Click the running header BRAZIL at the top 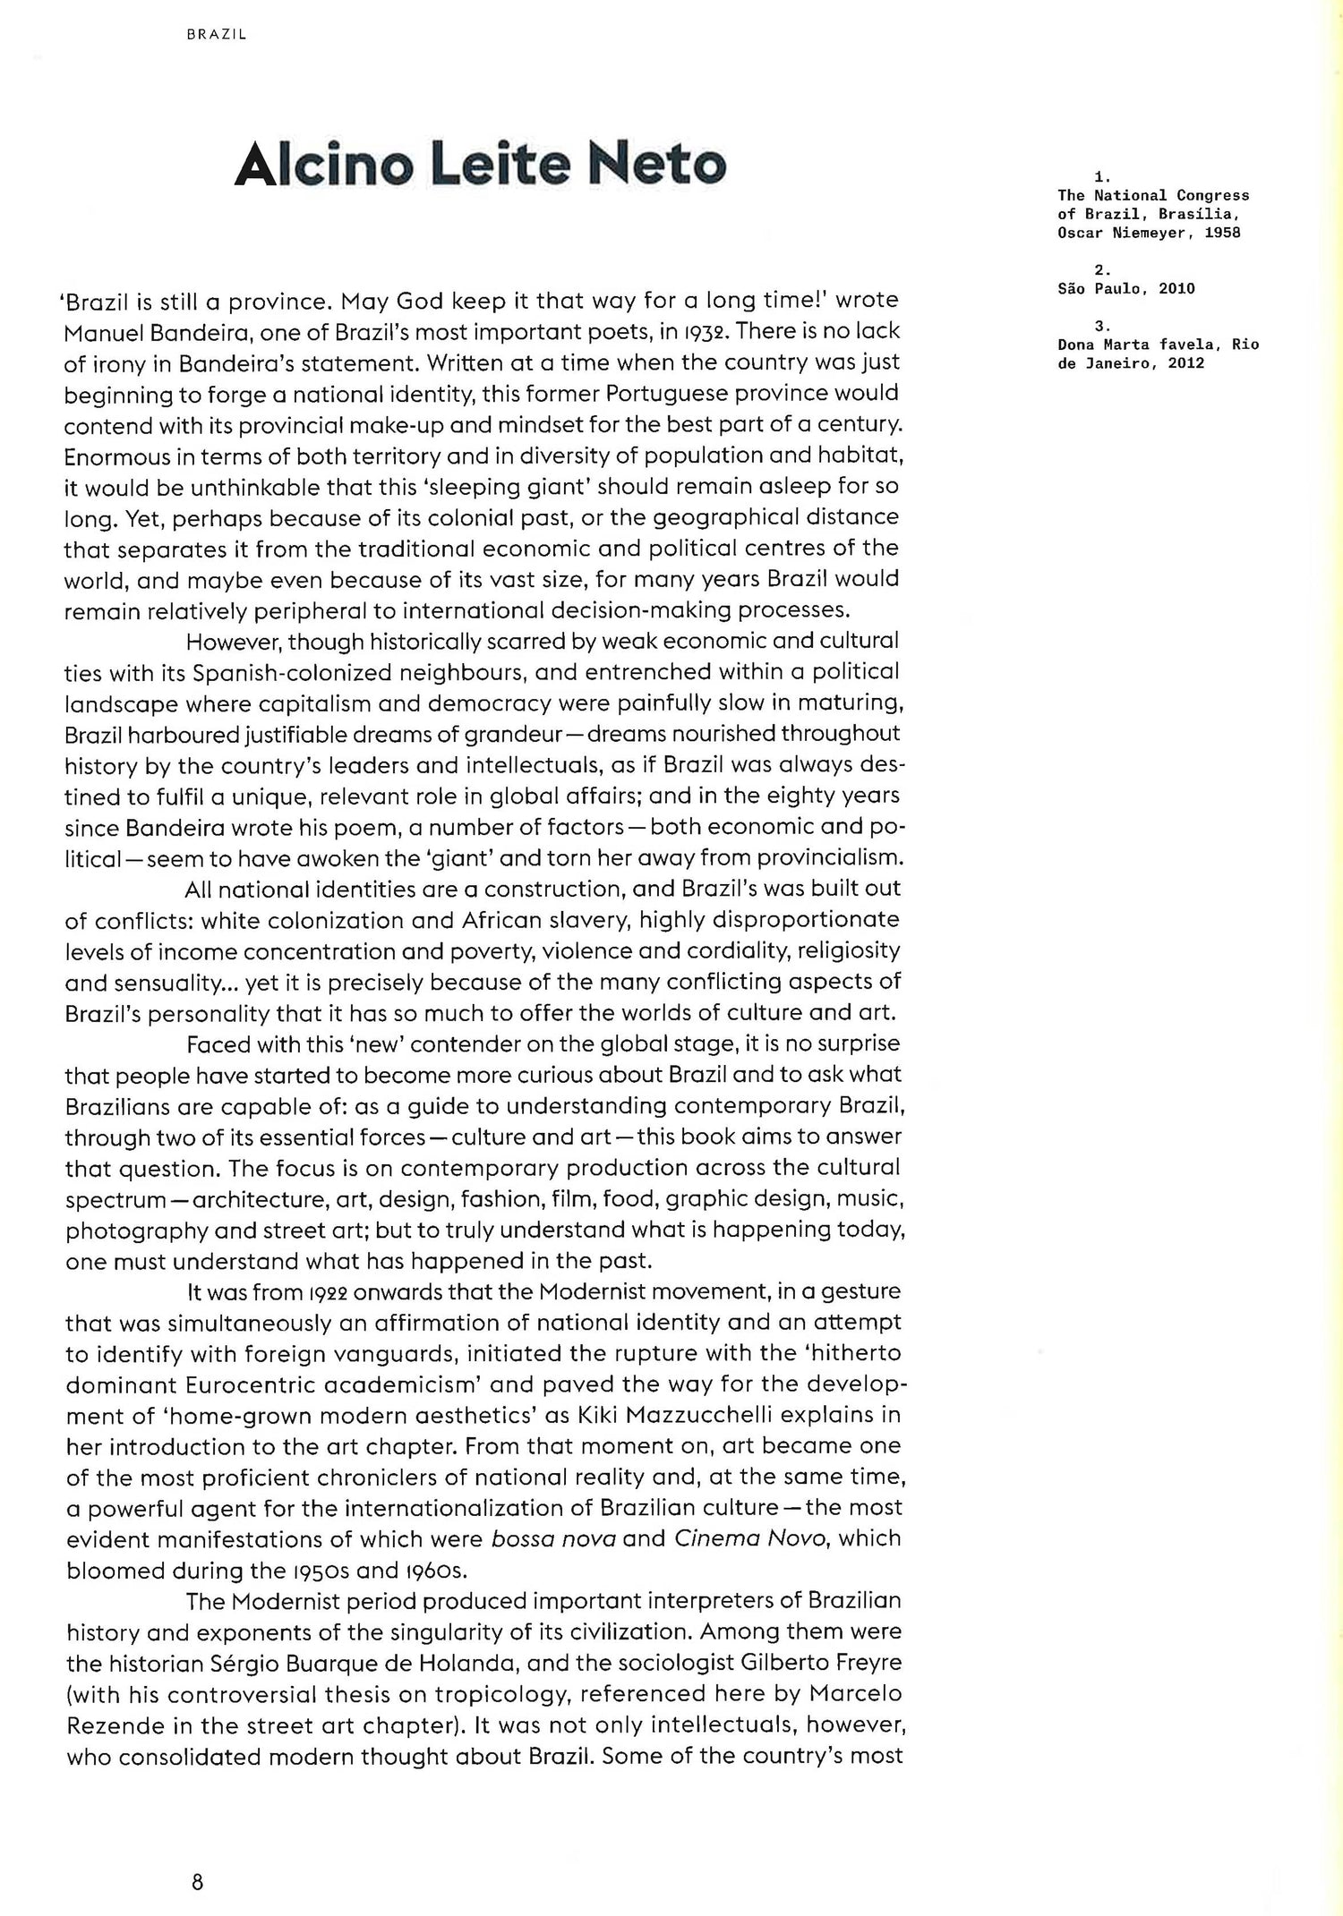[x=217, y=35]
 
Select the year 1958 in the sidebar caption [x=1222, y=233]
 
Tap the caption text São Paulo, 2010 [x=1125, y=288]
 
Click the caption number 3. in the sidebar [x=1102, y=326]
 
